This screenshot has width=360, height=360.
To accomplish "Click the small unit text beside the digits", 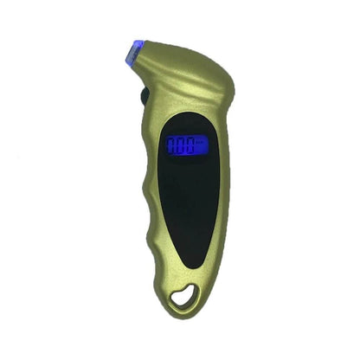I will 200,141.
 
